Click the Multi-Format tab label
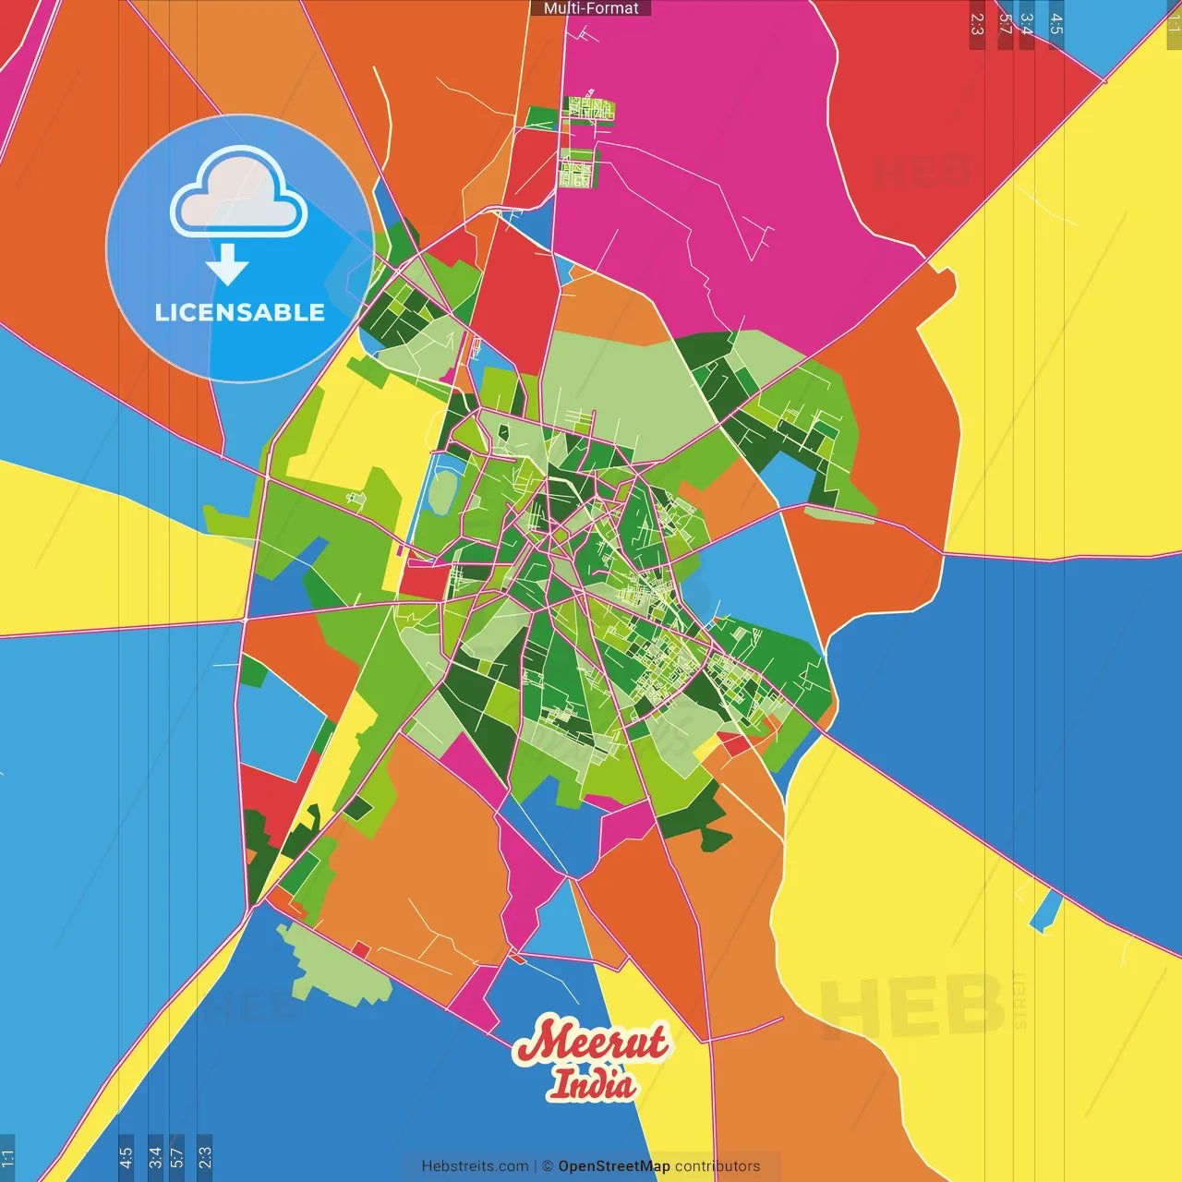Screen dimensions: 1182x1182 591,8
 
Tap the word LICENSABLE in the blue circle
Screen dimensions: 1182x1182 239,313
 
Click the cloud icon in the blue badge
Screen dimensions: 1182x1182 239,192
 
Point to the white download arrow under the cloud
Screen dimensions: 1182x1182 227,265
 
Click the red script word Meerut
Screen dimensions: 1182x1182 591,1042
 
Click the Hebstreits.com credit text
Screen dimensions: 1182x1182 475,1166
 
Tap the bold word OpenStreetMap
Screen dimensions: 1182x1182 613,1166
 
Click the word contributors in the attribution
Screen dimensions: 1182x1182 718,1166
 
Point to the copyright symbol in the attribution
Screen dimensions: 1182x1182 548,1166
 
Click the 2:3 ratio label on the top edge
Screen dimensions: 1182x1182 977,25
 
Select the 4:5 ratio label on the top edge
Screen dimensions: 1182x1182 1056,25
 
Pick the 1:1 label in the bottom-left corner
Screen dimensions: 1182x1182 7,1157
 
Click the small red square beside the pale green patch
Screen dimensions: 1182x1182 361,950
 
